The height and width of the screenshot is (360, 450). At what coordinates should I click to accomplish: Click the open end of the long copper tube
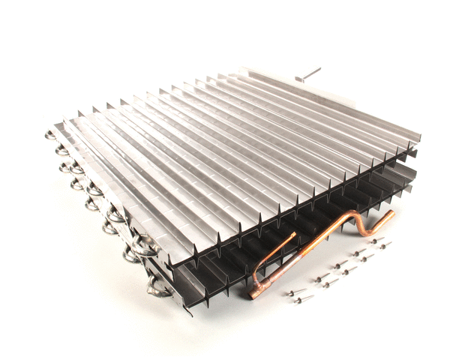(391, 214)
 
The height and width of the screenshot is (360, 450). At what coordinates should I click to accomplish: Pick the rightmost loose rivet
(384, 244)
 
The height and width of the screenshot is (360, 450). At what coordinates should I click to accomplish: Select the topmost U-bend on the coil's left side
(52, 136)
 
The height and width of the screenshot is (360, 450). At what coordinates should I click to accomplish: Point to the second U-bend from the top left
(61, 151)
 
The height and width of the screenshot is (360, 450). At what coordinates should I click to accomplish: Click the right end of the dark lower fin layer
(409, 180)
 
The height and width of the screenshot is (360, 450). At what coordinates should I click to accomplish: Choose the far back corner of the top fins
(244, 72)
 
